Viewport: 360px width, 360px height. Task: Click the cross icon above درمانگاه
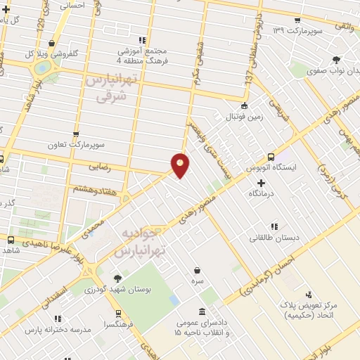pyautogui.click(x=261, y=182)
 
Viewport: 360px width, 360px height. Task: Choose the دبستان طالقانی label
pyautogui.click(x=274, y=238)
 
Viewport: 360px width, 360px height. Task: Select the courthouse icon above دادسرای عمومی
pyautogui.click(x=202, y=311)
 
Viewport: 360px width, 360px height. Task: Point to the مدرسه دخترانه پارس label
pyautogui.click(x=59, y=329)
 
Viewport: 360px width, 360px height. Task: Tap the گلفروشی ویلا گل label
pyautogui.click(x=50, y=53)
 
